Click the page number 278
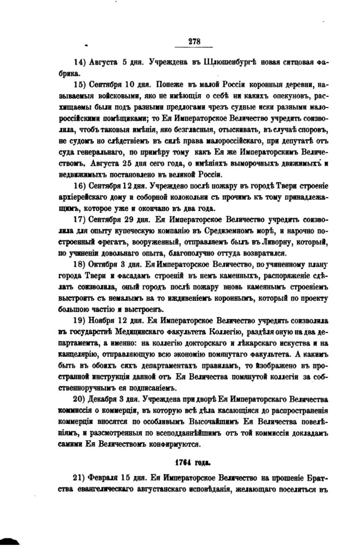(194, 41)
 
